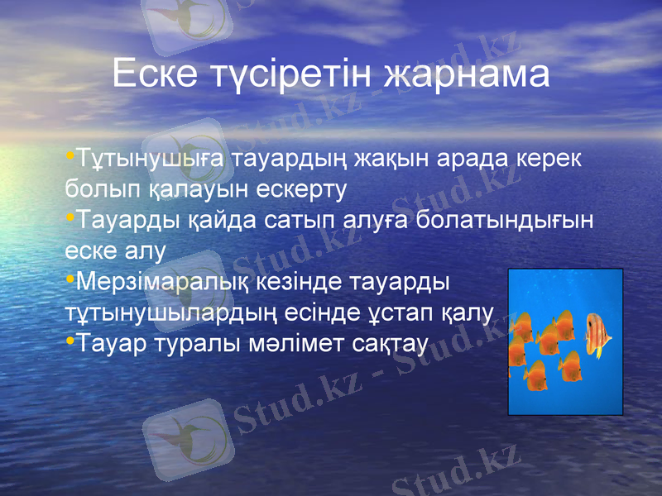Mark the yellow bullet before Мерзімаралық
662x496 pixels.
click(70, 279)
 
